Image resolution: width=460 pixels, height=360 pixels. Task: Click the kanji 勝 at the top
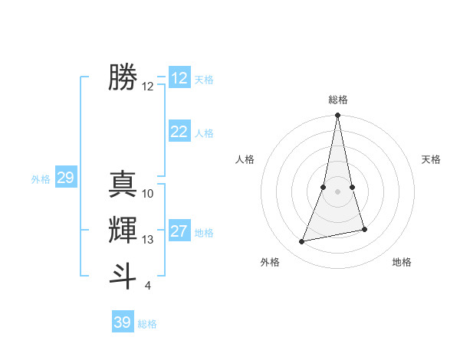coord(123,77)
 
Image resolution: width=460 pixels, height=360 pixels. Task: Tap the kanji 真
coord(123,184)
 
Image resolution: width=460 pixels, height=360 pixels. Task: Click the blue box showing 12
coord(179,78)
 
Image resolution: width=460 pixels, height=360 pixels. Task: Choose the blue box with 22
coord(179,132)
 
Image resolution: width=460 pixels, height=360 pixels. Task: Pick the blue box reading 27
coord(179,231)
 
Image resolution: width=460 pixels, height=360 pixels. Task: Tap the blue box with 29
coord(65,178)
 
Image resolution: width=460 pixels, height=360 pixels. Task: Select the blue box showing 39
coord(123,322)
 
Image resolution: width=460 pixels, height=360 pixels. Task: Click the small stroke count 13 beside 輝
coord(148,240)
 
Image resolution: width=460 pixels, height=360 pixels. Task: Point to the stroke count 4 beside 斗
coord(148,286)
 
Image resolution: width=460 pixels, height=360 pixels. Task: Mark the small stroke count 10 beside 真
coord(148,194)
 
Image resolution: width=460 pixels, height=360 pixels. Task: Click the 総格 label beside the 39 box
coord(147,324)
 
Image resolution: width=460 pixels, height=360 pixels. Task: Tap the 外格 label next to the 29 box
coord(41,179)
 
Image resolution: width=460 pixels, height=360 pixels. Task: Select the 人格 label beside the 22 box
coord(204,133)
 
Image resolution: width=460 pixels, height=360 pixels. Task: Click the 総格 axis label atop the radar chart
coord(338,100)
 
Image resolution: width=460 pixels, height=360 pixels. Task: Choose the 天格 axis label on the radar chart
coord(432,159)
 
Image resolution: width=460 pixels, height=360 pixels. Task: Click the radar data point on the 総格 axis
coord(338,116)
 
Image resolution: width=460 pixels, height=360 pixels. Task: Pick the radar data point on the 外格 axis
coord(302,242)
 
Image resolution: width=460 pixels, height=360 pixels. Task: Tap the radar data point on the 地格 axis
coord(364,230)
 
